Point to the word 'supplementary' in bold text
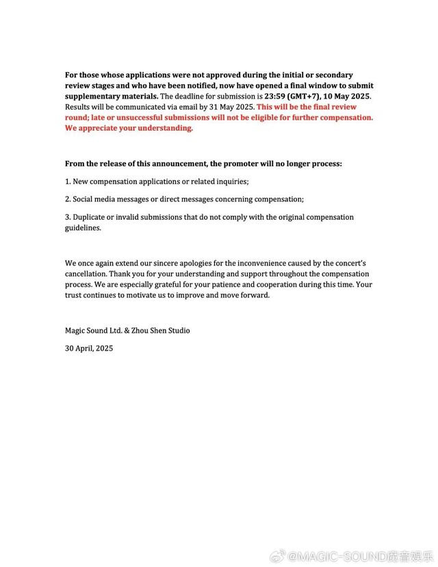coord(94,97)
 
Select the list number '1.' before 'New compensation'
coord(68,181)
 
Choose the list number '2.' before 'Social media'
coord(68,199)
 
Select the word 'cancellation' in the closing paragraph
coord(87,274)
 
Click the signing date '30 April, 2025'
coord(89,348)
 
